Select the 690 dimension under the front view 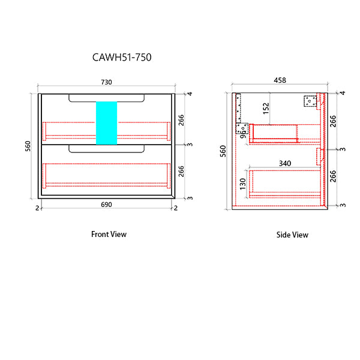107,205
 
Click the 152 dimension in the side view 265,108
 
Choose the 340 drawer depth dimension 286,163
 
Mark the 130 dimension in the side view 242,183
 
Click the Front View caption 109,234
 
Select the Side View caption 292,235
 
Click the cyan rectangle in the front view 106,122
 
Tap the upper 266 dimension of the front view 181,119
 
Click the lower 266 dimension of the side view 334,175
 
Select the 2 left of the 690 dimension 37,208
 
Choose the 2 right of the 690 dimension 175,208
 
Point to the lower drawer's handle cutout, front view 107,148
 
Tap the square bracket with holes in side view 310,101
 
